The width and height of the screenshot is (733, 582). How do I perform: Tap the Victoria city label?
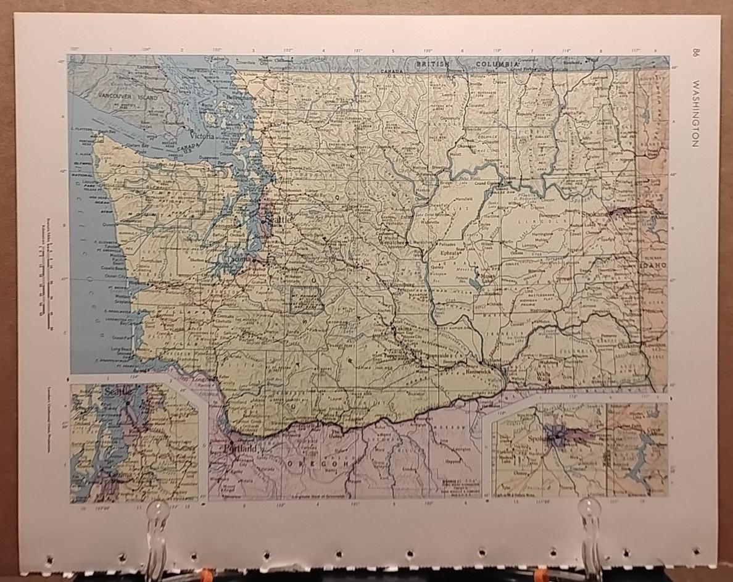coord(203,136)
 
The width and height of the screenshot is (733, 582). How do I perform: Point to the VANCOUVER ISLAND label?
coord(131,98)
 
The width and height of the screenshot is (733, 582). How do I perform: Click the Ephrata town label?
coord(449,254)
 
